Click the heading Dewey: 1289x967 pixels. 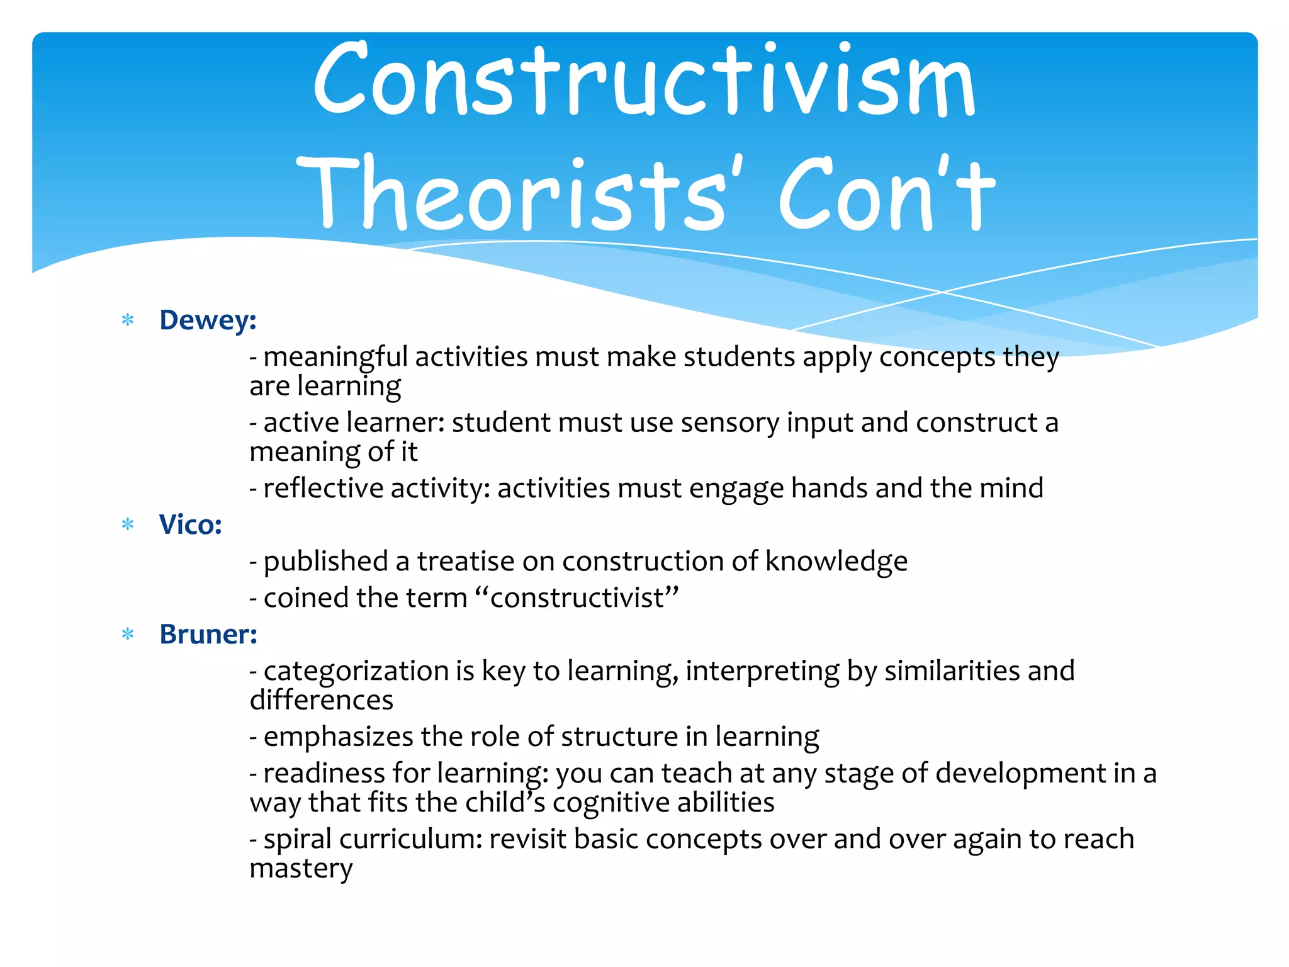click(208, 320)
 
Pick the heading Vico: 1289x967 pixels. click(191, 525)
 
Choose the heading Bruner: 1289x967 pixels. click(208, 635)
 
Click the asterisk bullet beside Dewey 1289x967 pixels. click(128, 320)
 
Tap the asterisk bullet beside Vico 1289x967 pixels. click(128, 524)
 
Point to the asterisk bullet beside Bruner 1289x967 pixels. click(128, 634)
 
